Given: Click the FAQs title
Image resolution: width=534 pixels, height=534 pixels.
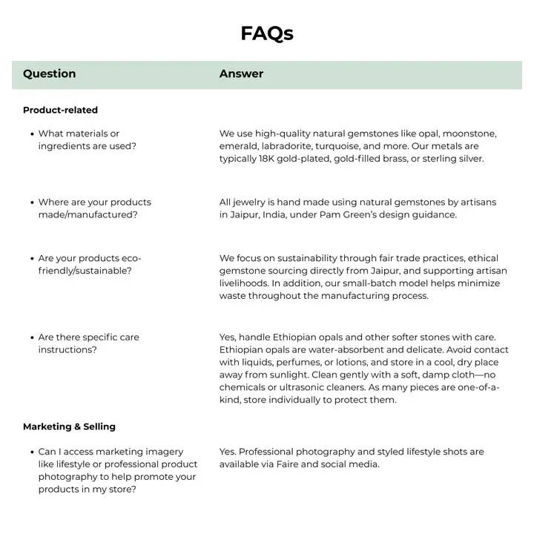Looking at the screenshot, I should (267, 33).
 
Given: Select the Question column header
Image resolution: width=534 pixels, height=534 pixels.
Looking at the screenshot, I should (49, 73).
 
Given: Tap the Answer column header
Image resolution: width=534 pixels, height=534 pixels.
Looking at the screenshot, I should (241, 73).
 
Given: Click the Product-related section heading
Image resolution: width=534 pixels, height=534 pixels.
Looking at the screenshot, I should (60, 110).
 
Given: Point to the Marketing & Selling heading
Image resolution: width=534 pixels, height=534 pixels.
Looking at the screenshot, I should (69, 426).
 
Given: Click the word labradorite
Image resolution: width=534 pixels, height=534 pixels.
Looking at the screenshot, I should (286, 146).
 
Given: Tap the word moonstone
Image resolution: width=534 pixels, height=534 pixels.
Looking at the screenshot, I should (469, 133).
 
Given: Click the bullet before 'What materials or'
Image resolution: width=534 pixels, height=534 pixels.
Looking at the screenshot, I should (32, 134).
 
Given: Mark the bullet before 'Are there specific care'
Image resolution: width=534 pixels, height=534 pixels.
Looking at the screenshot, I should (32, 337).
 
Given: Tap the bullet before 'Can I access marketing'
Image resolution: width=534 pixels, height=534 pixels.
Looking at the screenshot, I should (32, 452).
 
